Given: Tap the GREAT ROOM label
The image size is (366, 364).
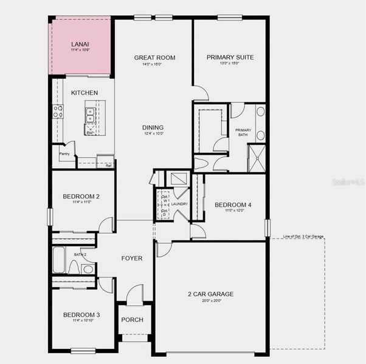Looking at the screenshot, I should [154, 58].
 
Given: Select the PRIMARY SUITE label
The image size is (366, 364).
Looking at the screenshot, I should [230, 58].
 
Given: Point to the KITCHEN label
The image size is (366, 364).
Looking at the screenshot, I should [85, 93].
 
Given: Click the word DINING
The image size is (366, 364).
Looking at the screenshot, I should [153, 127].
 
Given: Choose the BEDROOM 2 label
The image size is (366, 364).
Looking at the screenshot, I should [81, 196].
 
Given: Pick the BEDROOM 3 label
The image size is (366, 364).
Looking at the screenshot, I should [81, 315].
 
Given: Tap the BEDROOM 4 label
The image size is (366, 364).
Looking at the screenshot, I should [233, 205].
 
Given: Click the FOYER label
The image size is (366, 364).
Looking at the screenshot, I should [132, 258].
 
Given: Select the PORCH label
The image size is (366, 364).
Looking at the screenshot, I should [132, 320].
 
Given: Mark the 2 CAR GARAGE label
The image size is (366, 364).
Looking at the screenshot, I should [210, 294].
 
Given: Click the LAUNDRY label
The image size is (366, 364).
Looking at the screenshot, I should [179, 204].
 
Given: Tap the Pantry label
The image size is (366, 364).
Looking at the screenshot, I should [64, 155].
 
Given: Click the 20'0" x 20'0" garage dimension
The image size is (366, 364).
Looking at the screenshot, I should [210, 301].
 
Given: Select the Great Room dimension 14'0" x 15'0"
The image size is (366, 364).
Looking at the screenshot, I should [154, 64].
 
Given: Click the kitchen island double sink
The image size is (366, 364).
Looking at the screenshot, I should [90, 115].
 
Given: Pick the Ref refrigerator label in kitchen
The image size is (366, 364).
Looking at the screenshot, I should [108, 165].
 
